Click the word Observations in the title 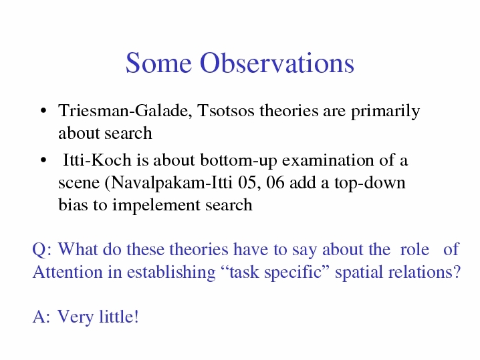coord(277,63)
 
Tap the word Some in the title coord(158,63)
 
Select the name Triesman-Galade coord(125,111)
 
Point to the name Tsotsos coord(226,110)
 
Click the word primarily coord(386,112)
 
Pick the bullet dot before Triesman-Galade coord(43,110)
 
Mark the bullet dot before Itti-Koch coord(43,160)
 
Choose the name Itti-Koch coord(97,160)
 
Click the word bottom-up coord(239,160)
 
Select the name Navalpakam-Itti coord(168,183)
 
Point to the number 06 coord(275,182)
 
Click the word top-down coord(370,183)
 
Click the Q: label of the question coord(42,250)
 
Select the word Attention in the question coord(68,272)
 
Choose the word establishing coord(171,273)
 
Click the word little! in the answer coord(119,317)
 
